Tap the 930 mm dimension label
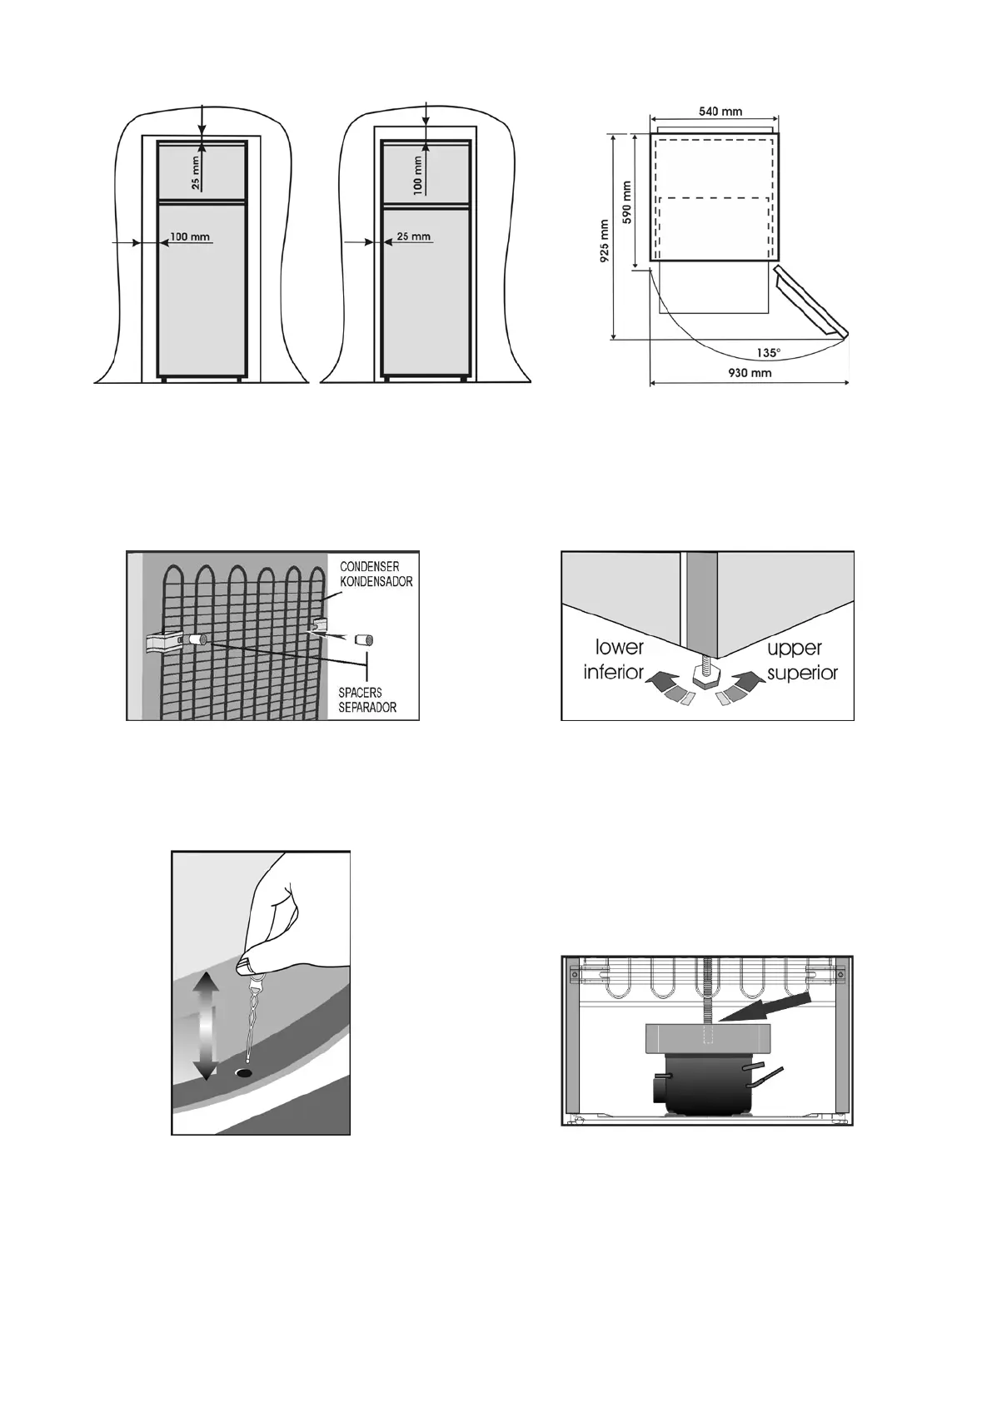(749, 373)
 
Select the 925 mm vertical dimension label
(606, 241)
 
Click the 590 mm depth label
(629, 201)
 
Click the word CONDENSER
(369, 567)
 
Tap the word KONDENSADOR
(376, 581)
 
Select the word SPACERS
(361, 693)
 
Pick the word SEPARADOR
(367, 707)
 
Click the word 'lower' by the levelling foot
(620, 648)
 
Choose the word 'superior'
(802, 672)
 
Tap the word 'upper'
(794, 648)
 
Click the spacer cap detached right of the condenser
(363, 640)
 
